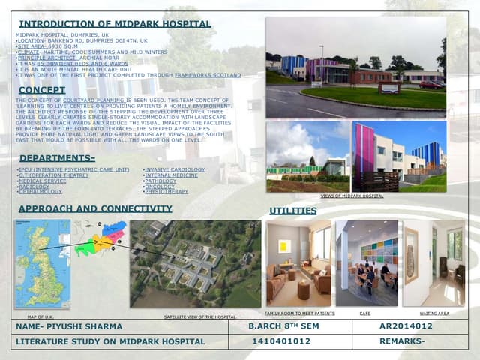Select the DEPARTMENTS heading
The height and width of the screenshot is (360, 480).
coord(57,158)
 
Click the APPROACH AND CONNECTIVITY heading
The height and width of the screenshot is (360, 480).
coord(95,208)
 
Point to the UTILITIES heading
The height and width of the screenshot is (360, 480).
coord(292,211)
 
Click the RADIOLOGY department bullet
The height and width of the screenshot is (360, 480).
coord(34,187)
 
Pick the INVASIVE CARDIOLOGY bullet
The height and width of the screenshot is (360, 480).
coord(174,170)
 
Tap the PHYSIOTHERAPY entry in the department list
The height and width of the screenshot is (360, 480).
coord(166,192)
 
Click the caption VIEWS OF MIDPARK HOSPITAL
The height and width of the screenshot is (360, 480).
coord(352,196)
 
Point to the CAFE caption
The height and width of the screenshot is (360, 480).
coord(364,313)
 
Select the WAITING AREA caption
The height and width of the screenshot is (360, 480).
coord(434,313)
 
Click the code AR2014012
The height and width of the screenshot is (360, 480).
coord(406,327)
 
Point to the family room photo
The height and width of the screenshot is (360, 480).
coord(298,263)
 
